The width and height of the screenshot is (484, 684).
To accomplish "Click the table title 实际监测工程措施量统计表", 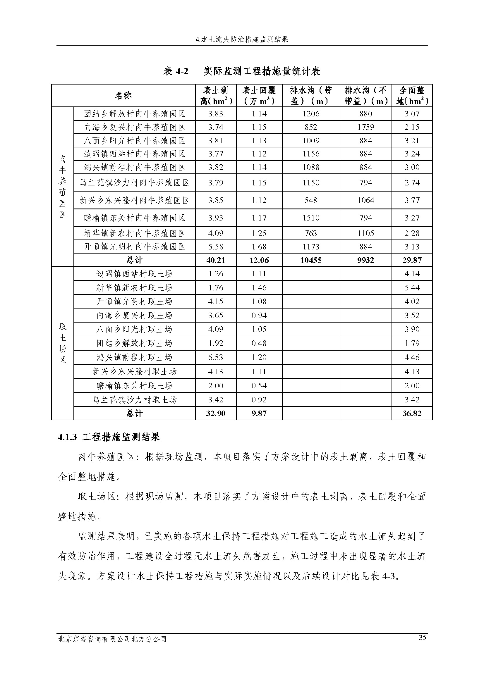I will [x=262, y=71].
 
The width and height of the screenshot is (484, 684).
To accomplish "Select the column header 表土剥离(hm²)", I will [x=216, y=96].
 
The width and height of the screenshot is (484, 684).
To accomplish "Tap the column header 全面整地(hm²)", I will [x=412, y=96].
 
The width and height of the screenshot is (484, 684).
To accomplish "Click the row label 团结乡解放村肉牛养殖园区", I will [x=134, y=114].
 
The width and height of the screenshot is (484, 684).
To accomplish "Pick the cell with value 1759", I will [x=366, y=127].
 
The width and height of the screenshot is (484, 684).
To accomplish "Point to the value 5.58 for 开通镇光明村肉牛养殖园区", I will [x=215, y=247].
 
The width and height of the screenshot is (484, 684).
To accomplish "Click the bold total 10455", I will [x=310, y=260].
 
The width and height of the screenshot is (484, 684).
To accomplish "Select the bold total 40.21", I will [x=215, y=260].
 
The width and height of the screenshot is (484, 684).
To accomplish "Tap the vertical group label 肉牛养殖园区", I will [x=62, y=187].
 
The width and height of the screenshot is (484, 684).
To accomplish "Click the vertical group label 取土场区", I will [x=62, y=343].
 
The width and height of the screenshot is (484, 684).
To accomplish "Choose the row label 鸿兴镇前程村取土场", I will [x=134, y=357].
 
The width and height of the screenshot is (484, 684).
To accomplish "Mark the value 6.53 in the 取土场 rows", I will [x=215, y=357].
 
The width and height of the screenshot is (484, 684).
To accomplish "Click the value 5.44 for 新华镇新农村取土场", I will [x=412, y=288].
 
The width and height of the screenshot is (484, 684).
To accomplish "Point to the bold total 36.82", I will [x=412, y=413].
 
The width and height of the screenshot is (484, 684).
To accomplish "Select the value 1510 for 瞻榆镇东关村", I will [x=310, y=218].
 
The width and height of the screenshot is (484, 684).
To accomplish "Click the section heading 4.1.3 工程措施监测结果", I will [x=109, y=437].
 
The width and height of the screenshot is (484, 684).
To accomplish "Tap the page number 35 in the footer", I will [x=422, y=637].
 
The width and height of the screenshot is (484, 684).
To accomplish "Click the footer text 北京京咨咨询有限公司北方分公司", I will [x=112, y=639].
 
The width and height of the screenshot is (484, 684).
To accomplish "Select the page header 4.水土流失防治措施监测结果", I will [x=242, y=39].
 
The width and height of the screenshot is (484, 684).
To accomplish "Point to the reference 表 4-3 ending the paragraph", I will [x=383, y=576].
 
